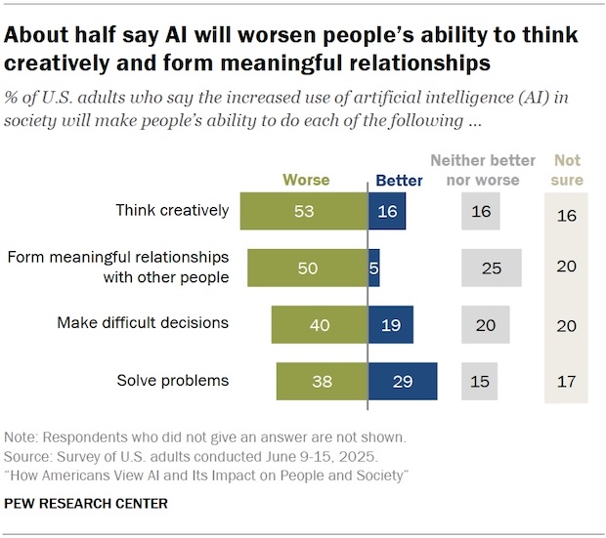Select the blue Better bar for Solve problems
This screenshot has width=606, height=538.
(402, 381)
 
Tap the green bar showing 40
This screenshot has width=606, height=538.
(319, 324)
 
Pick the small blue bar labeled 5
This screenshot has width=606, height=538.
(373, 268)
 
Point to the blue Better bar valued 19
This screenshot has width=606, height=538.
(390, 324)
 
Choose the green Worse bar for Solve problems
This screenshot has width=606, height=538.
(322, 381)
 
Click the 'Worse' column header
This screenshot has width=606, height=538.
(306, 180)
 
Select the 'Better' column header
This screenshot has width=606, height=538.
(399, 181)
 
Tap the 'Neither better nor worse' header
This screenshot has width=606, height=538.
(485, 170)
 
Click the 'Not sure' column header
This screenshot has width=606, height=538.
(567, 170)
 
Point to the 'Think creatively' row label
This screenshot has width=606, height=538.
(172, 210)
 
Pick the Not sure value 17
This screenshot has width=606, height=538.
(567, 381)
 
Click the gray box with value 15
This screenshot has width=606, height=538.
(479, 381)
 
